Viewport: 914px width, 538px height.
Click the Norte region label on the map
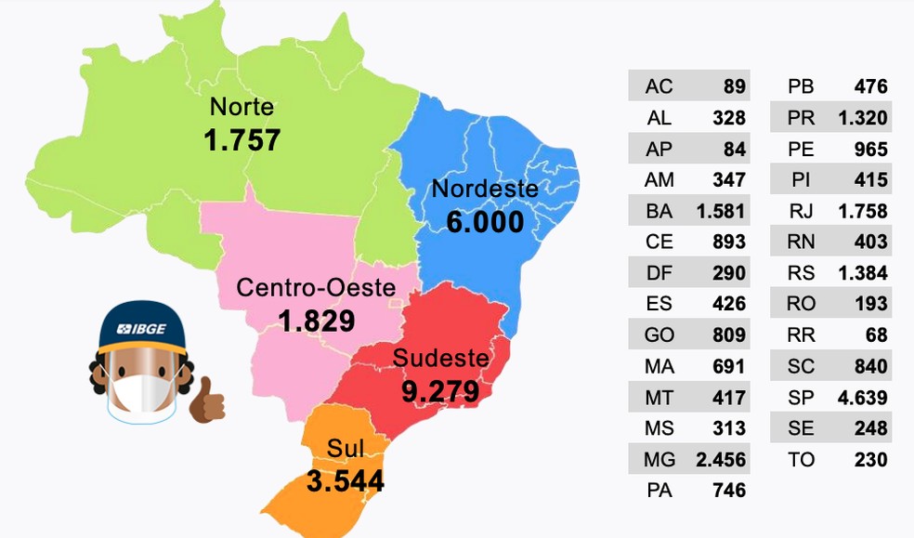(x=242, y=106)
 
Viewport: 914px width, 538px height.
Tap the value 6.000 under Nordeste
(x=485, y=222)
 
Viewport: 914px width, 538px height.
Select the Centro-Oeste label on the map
(x=316, y=287)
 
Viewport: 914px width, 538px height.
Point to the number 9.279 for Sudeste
(x=440, y=390)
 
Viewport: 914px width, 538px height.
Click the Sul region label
(x=345, y=450)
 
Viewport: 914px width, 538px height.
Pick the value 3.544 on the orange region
(x=345, y=481)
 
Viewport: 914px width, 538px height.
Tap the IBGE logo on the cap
(x=142, y=329)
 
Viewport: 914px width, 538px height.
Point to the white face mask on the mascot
(x=142, y=396)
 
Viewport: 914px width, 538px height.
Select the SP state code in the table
(x=801, y=398)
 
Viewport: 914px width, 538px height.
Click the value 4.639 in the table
(x=862, y=398)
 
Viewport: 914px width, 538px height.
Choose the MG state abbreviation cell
(x=659, y=459)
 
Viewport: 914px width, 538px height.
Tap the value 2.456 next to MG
(x=720, y=459)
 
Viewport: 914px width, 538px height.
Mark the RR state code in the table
(x=801, y=335)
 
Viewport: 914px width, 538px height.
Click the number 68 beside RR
(x=876, y=335)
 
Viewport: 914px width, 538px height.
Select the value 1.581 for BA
(x=720, y=211)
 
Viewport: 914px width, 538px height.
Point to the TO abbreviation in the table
(x=801, y=459)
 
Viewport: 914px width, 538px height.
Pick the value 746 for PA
(x=728, y=491)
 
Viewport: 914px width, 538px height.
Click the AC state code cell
(x=659, y=87)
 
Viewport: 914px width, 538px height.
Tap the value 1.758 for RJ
(x=862, y=211)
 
